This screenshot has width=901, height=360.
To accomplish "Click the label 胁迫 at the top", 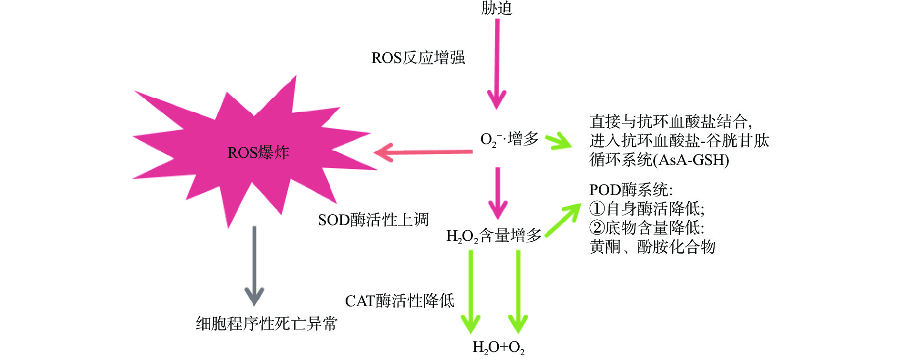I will [x=496, y=8].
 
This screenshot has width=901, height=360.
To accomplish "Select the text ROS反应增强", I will [x=418, y=58].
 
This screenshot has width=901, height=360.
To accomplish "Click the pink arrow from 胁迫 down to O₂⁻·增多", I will [x=497, y=62].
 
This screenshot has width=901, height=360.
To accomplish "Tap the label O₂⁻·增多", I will [x=509, y=139].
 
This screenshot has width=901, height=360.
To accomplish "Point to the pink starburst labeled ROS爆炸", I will [x=257, y=153].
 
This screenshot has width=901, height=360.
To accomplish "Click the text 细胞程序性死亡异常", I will [x=266, y=324].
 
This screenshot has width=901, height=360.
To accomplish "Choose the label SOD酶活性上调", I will [x=373, y=220].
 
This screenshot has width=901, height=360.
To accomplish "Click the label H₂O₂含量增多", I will [x=493, y=236].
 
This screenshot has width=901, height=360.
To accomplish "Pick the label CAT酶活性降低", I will [x=399, y=301].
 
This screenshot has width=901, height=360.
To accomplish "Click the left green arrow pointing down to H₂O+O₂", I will [x=471, y=291].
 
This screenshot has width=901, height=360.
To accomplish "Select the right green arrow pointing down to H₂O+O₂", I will [x=518, y=291].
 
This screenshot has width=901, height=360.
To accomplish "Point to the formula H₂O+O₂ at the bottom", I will [x=498, y=347].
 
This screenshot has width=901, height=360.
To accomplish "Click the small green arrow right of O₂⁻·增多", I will [x=558, y=142].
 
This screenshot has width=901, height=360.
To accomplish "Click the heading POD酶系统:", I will [x=631, y=190].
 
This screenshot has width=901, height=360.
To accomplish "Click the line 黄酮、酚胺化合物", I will [x=652, y=247].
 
